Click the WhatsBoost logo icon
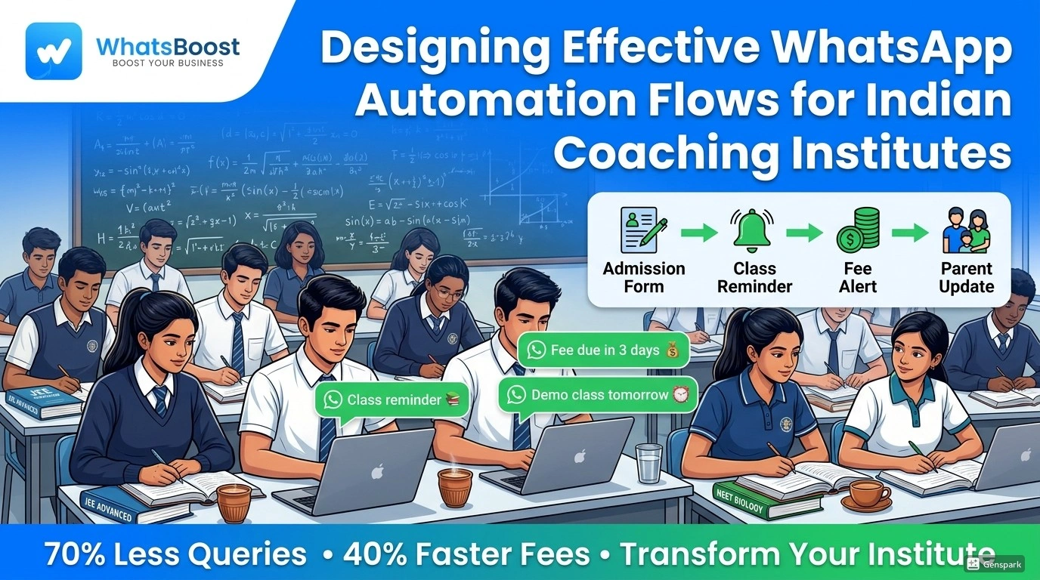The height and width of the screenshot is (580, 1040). (53, 51)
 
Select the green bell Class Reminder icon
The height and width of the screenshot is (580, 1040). (753, 230)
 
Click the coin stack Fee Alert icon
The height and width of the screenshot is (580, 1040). (858, 230)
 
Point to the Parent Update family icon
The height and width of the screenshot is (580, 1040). (966, 230)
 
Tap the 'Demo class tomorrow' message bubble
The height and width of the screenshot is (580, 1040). (598, 395)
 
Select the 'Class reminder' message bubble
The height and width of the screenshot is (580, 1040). (392, 400)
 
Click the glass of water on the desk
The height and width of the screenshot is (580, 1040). (648, 462)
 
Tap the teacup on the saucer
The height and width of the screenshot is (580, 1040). (868, 494)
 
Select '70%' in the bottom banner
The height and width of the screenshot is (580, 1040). (78, 554)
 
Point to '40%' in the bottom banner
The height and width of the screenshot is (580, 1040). (376, 554)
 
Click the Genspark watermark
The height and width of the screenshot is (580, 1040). (995, 563)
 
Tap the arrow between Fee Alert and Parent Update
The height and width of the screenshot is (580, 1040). (910, 233)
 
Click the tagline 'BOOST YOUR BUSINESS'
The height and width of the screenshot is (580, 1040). (168, 63)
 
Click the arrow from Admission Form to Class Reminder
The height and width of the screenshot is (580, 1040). (699, 233)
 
